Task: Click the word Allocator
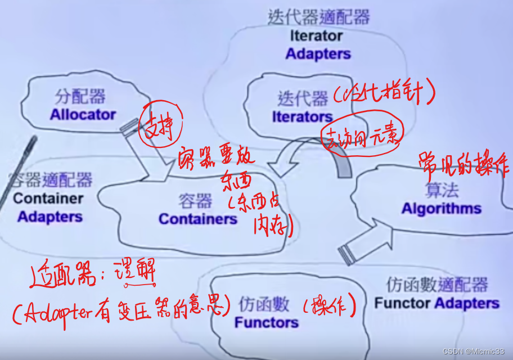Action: (x=83, y=115)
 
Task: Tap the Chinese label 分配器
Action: (x=80, y=96)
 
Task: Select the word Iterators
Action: (x=302, y=117)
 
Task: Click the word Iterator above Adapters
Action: (x=316, y=36)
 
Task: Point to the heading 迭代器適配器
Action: (x=318, y=17)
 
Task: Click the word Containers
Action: (x=198, y=219)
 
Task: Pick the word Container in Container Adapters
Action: (x=48, y=199)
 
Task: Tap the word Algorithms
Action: (x=442, y=209)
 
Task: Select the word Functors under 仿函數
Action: (x=266, y=323)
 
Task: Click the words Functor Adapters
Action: (x=436, y=304)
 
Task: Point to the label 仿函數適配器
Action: (x=437, y=285)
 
